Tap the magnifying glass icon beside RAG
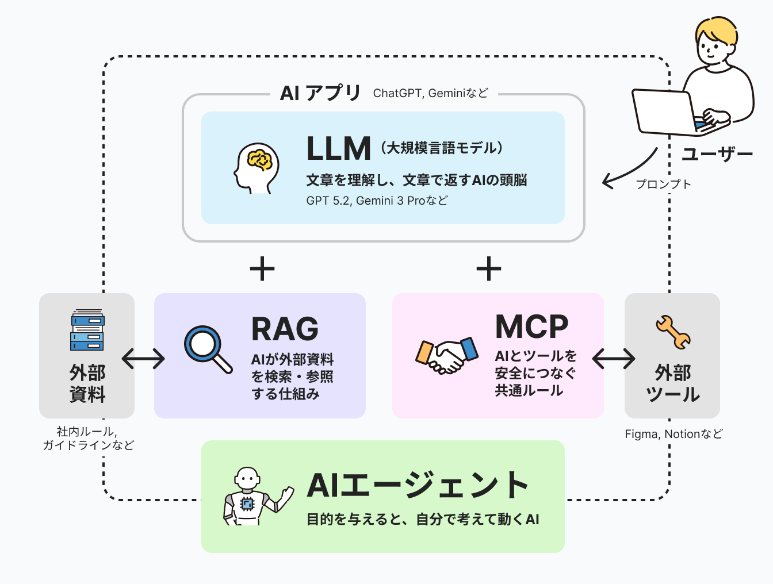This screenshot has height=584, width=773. pos(206,348)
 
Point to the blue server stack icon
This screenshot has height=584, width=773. pos(87,330)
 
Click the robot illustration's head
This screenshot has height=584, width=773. pos(248,478)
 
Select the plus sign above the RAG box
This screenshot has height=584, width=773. pos(262,268)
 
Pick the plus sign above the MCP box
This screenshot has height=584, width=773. pos(489,268)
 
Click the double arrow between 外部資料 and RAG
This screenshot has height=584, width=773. pos(144,359)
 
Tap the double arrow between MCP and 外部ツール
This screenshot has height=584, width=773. pos(614,359)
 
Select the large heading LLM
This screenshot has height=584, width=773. pos(338,149)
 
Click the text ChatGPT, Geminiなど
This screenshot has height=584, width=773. pos(430,93)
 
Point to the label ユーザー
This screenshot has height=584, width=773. pos(717,154)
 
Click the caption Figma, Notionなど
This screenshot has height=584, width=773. pos(673,434)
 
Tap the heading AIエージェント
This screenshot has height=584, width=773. pos(418,485)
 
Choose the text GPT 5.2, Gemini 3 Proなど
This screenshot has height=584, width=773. pos(377,201)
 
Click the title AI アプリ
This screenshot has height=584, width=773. pos(320,93)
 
